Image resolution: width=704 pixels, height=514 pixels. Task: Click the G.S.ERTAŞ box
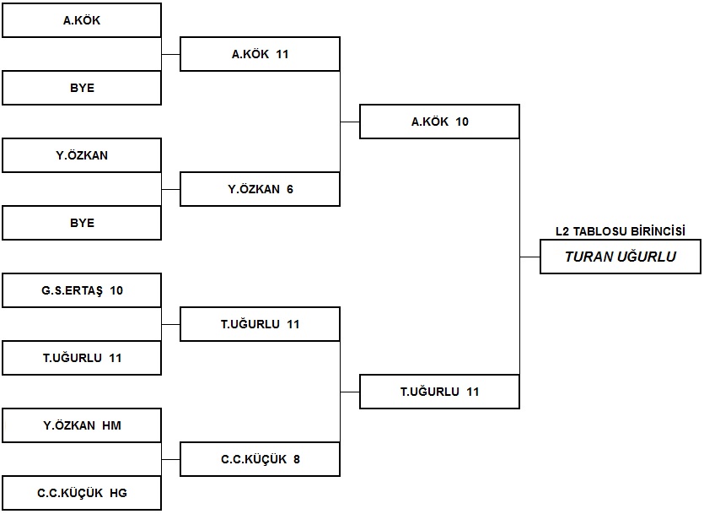click(x=82, y=290)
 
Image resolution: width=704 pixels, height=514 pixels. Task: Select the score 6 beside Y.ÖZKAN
click(x=290, y=189)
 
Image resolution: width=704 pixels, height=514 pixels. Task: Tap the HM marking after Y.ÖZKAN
click(x=112, y=425)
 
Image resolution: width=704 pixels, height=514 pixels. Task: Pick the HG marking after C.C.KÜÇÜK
click(x=119, y=493)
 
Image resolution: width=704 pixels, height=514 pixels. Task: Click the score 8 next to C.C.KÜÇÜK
click(x=297, y=459)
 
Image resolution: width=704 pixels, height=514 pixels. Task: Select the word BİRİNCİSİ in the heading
click(x=658, y=231)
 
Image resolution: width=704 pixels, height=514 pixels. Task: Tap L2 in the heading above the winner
click(x=562, y=231)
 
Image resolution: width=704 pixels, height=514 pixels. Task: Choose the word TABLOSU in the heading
click(x=599, y=231)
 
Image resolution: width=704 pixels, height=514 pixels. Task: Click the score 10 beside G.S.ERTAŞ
click(x=116, y=290)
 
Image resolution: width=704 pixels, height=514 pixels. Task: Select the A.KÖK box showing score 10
click(x=439, y=122)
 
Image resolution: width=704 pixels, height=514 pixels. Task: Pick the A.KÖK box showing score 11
click(x=260, y=54)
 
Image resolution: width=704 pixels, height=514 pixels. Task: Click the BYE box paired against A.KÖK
click(x=82, y=88)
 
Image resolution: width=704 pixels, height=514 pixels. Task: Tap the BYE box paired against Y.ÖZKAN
click(x=82, y=223)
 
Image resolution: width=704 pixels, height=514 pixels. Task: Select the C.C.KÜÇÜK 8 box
click(x=260, y=459)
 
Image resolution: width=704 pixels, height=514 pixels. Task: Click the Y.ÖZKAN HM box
click(x=82, y=425)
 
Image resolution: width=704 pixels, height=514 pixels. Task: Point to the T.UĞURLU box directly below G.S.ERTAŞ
click(x=82, y=358)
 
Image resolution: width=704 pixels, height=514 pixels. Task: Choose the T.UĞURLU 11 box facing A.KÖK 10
click(x=439, y=392)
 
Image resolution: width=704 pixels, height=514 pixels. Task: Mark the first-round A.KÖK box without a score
click(x=82, y=20)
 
